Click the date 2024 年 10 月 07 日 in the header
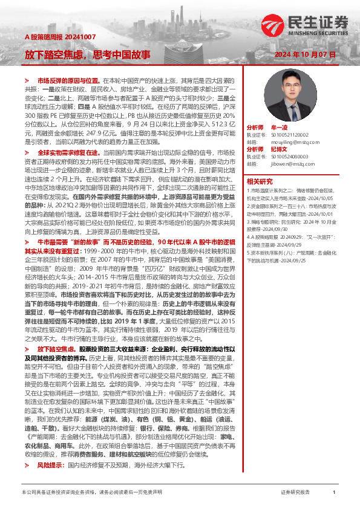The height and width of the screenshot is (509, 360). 309,54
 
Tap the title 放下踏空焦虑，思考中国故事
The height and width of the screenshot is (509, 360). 88,55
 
